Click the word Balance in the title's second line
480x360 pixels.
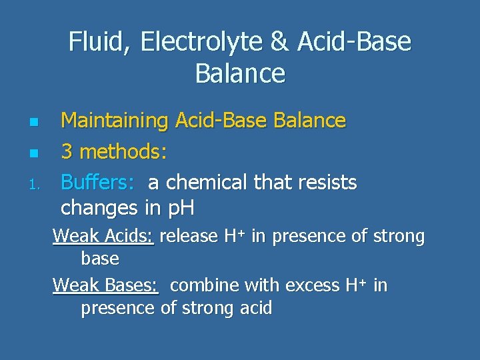240,73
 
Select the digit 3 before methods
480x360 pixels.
67,152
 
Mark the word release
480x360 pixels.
189,236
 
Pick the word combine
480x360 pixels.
205,285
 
